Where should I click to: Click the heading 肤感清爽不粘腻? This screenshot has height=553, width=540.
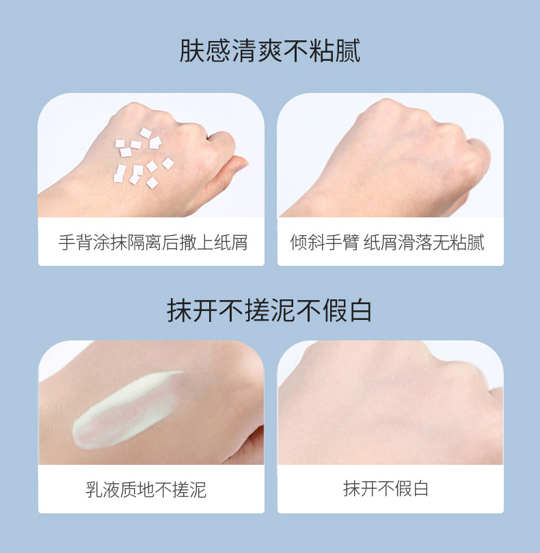[270, 51]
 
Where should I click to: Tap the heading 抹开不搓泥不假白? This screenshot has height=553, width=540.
[269, 310]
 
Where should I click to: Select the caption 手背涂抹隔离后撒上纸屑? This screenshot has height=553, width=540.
[152, 242]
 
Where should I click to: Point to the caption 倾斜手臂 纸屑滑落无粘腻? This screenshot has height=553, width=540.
[388, 242]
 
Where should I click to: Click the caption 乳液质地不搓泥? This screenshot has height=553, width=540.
[146, 489]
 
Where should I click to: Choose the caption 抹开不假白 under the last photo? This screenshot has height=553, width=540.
[386, 489]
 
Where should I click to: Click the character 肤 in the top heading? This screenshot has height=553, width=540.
[192, 51]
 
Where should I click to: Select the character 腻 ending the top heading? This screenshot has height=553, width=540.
[348, 51]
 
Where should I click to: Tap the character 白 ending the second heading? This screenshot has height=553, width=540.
[359, 310]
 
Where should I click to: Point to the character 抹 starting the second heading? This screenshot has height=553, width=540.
[180, 310]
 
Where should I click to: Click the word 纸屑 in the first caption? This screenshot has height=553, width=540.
[230, 242]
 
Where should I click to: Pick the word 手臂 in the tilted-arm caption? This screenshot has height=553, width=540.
[341, 242]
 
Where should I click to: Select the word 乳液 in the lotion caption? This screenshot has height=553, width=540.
[103, 489]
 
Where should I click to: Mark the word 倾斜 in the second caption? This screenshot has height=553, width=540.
[307, 242]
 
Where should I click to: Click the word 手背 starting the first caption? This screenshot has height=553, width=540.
[75, 242]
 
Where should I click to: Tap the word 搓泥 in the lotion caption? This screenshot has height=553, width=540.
[189, 489]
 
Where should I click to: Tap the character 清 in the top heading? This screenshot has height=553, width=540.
[244, 51]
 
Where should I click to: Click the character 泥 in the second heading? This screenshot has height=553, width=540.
[282, 310]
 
